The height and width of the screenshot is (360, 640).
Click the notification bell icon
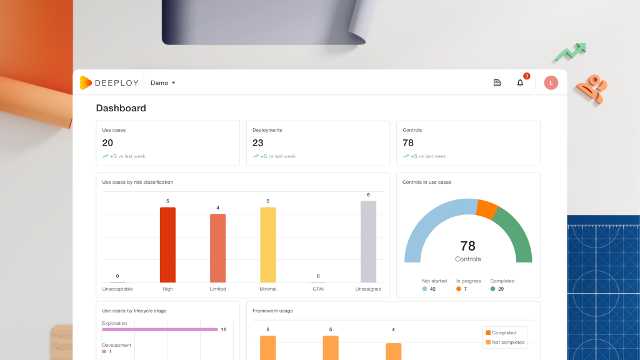click(519, 83)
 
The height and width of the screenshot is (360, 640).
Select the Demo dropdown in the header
click(163, 83)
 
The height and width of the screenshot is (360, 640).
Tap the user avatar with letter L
click(551, 83)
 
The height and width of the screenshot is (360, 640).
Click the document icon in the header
click(497, 83)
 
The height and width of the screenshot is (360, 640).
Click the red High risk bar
click(167, 245)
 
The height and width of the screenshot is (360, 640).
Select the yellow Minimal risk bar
click(267, 245)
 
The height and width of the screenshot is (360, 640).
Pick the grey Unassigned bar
click(368, 242)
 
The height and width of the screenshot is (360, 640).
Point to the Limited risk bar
click(217, 248)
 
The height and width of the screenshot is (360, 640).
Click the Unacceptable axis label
click(117, 289)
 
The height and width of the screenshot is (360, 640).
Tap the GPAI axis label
click(318, 289)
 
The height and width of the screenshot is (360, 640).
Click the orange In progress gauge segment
click(487, 209)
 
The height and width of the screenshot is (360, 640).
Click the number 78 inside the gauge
click(467, 246)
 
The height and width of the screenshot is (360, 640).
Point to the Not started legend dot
click(424, 289)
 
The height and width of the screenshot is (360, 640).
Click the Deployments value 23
click(258, 143)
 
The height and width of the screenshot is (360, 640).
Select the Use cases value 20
click(107, 143)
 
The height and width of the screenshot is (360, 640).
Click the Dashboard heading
click(121, 108)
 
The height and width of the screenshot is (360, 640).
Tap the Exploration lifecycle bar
click(159, 329)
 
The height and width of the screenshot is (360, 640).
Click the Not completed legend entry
click(505, 342)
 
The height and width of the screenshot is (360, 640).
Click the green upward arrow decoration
click(571, 52)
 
